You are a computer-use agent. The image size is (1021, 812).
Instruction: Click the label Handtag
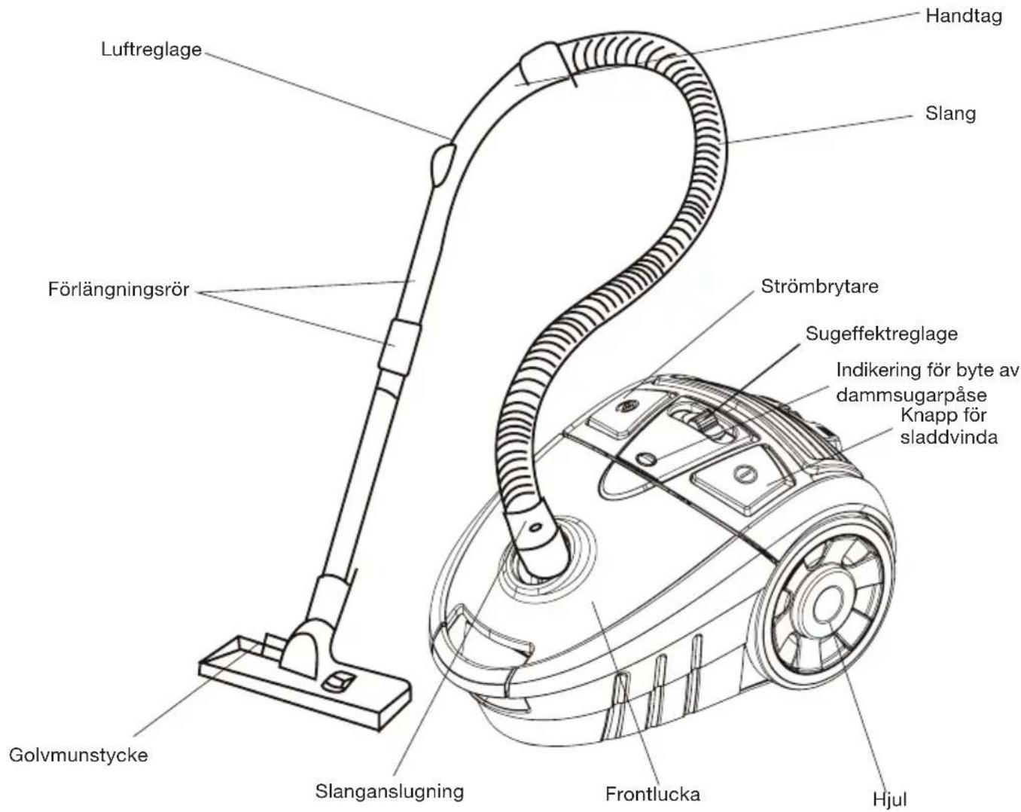(x=963, y=17)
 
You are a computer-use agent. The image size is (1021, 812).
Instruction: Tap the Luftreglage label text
(x=151, y=50)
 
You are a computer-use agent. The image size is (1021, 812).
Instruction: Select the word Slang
(x=950, y=114)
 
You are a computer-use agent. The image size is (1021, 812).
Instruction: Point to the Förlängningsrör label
(x=119, y=289)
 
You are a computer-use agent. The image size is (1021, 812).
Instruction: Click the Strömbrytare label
(x=819, y=287)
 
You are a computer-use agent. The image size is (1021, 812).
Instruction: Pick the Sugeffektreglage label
(x=882, y=334)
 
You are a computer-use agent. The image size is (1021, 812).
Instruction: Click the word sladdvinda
(x=949, y=437)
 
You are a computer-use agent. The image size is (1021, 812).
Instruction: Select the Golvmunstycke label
(x=78, y=755)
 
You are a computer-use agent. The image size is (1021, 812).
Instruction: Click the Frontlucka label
(x=652, y=794)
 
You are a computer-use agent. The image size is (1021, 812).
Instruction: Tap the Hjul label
(x=889, y=800)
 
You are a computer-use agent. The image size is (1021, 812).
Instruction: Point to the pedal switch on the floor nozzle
(x=338, y=682)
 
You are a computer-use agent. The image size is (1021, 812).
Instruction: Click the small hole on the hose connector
(x=535, y=527)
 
